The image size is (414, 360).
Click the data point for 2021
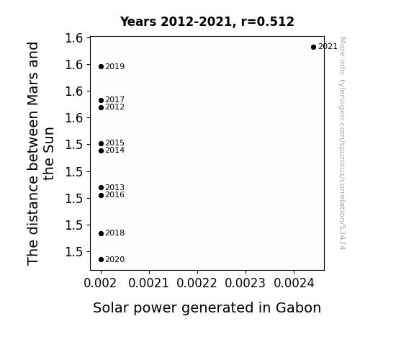coord(313,48)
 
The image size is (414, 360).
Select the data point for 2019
coord(101,66)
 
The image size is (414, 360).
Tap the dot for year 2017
coord(101,100)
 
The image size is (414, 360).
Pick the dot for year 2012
coord(101,107)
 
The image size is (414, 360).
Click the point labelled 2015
coord(101,144)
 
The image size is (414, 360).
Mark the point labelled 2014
coord(101,150)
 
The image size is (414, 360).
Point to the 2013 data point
coord(101,187)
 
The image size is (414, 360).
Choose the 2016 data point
coord(101,195)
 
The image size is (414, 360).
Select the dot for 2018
coord(101,233)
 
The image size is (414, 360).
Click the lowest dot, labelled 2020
coord(101,260)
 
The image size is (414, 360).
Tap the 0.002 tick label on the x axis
coord(100,284)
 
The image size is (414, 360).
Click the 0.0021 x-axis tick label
coord(148,284)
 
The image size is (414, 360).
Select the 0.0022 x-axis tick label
coord(197,284)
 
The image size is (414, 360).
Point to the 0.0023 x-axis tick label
coord(245,284)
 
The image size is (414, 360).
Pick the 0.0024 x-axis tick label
coord(294,284)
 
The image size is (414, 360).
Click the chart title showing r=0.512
coord(207,22)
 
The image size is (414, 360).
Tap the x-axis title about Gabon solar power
coord(207,308)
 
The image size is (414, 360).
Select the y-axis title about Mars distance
coord(40,153)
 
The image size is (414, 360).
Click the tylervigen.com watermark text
coord(342,143)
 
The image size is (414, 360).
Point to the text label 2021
coord(328,47)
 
